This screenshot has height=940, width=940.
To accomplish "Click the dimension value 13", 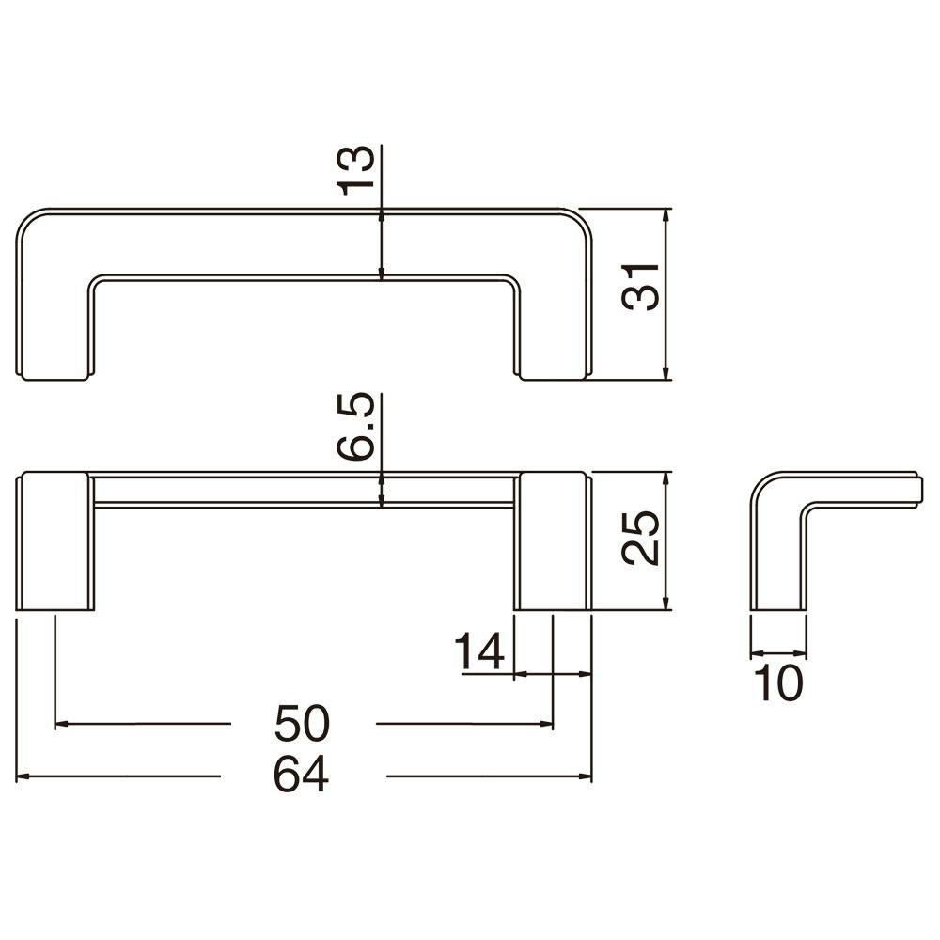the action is pyautogui.click(x=357, y=170).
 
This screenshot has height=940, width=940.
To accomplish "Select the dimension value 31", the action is pyautogui.click(x=641, y=287).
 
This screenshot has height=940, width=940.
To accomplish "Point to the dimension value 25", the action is pyautogui.click(x=641, y=538).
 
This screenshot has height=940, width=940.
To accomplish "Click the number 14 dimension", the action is pyautogui.click(x=479, y=651).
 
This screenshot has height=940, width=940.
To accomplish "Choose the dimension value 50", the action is pyautogui.click(x=302, y=723).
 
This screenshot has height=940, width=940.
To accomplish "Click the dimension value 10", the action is pyautogui.click(x=777, y=682).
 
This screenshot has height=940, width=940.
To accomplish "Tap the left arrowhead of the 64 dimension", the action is pyautogui.click(x=23, y=776).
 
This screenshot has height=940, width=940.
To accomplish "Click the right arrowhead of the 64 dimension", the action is pyautogui.click(x=585, y=776).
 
